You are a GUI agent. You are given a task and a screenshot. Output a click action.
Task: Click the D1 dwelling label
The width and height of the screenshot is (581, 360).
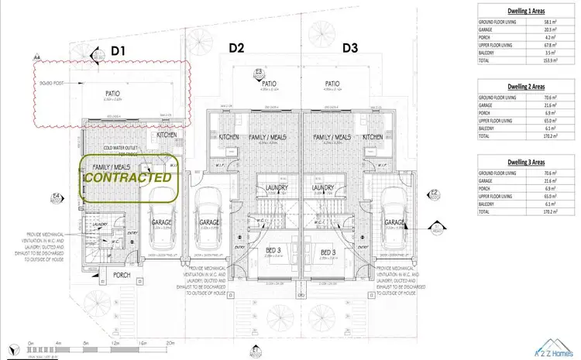pos(118,51)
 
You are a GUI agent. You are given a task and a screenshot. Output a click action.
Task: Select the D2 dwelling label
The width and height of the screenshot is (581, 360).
pos(237,47)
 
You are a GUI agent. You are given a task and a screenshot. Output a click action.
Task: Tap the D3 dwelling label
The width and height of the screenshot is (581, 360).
pos(350,47)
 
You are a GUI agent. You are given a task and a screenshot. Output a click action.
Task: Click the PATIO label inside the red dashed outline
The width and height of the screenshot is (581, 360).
pos(112,94)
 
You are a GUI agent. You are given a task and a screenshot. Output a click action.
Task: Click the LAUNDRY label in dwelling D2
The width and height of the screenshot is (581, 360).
pos(273,187)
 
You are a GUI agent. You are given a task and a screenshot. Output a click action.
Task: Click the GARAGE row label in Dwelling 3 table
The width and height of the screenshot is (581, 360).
pos(487,180)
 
